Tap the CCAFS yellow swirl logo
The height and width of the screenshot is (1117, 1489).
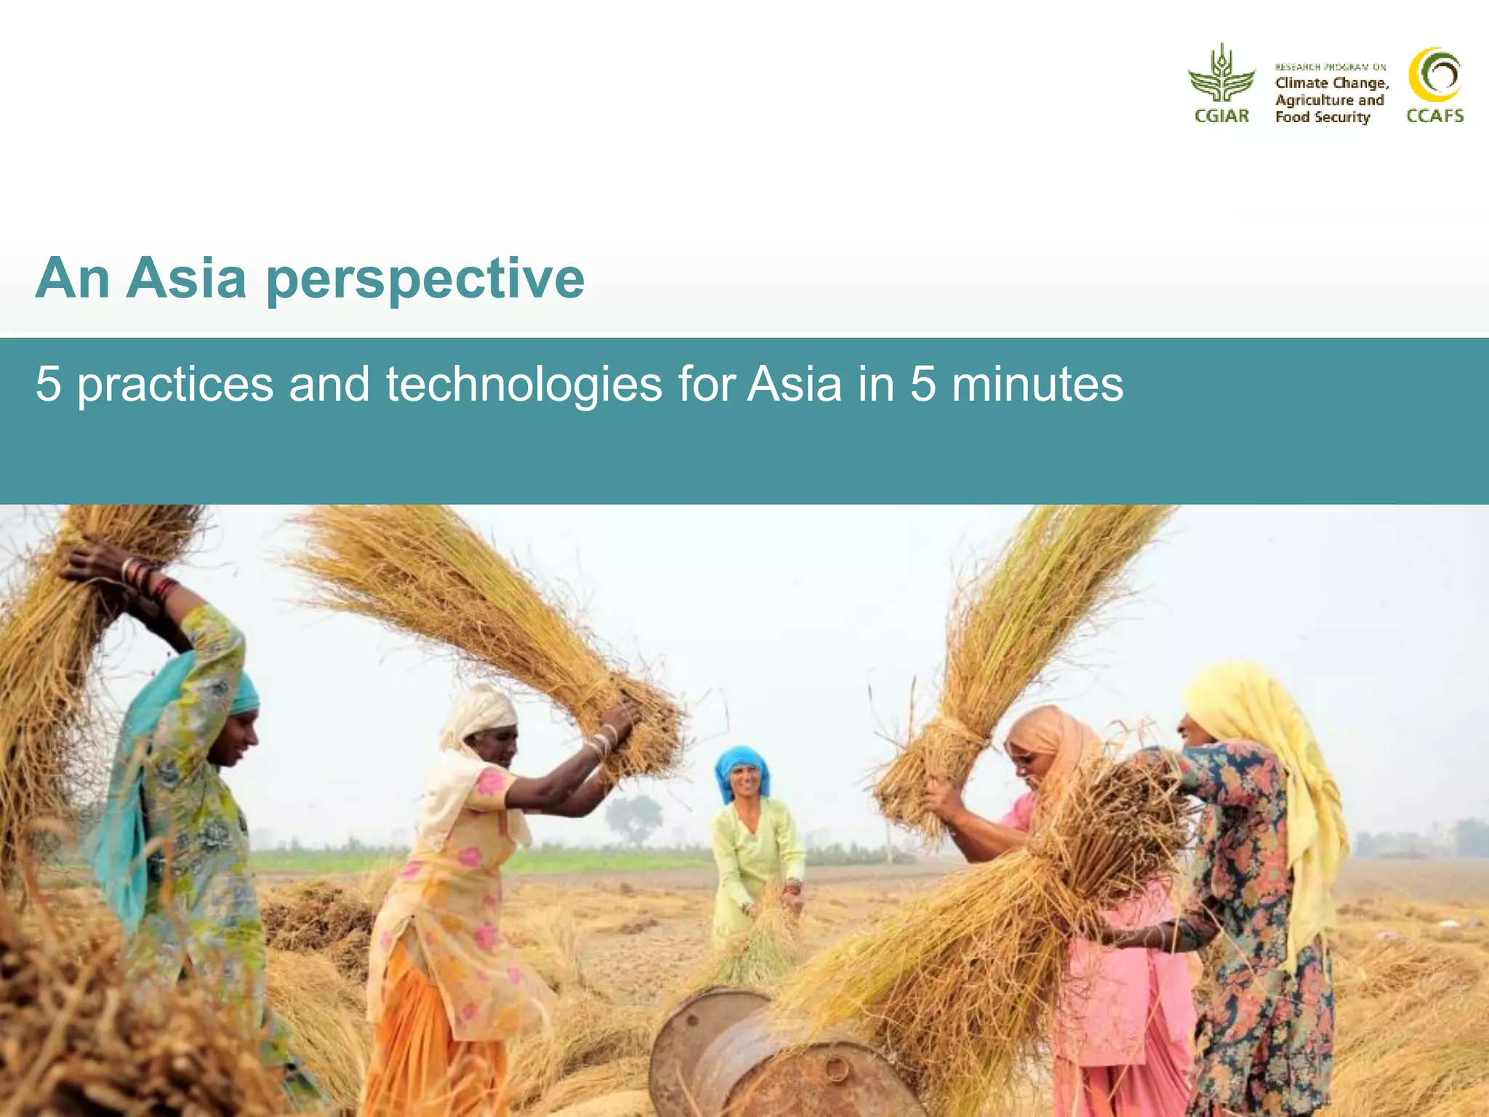(1434, 75)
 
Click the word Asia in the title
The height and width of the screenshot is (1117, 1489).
(186, 279)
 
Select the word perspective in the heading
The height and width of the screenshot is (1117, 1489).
(425, 280)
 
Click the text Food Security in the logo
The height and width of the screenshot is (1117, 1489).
(1323, 117)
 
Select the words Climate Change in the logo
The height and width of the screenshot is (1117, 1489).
(1332, 83)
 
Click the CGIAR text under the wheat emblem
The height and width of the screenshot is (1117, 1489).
(1221, 116)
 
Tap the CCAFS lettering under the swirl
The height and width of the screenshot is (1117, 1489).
(1434, 116)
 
